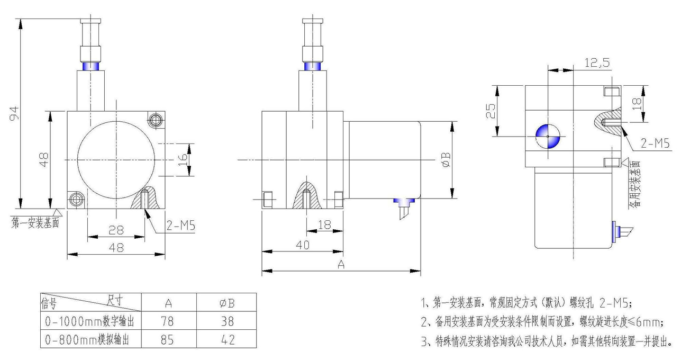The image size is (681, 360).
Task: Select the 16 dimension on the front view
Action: pyautogui.click(x=183, y=158)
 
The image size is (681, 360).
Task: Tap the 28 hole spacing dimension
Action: pyautogui.click(x=116, y=230)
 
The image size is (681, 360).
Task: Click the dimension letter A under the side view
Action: pyautogui.click(x=341, y=265)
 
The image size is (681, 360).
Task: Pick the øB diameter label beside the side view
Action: pyautogui.click(x=446, y=159)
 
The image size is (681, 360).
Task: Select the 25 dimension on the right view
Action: pyautogui.click(x=492, y=110)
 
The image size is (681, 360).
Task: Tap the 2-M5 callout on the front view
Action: pyautogui.click(x=180, y=226)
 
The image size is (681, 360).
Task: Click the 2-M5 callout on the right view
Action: pyautogui.click(x=655, y=142)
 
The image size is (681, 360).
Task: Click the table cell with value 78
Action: pyautogui.click(x=168, y=321)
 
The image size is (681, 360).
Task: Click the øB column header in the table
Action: pyautogui.click(x=227, y=303)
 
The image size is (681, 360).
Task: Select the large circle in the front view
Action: pyautogui.click(x=116, y=158)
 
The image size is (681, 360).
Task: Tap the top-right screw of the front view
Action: pyautogui.click(x=155, y=120)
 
